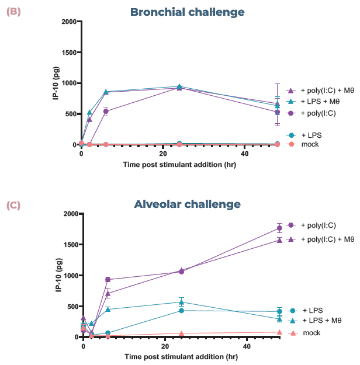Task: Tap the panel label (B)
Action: click(x=13, y=11)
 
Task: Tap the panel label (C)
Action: click(x=13, y=205)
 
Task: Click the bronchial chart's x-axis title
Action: click(x=179, y=165)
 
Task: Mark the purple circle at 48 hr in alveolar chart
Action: click(x=279, y=228)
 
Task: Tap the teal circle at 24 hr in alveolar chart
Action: click(x=182, y=311)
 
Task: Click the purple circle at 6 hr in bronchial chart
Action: click(x=106, y=111)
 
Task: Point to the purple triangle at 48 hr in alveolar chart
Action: click(x=279, y=239)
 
